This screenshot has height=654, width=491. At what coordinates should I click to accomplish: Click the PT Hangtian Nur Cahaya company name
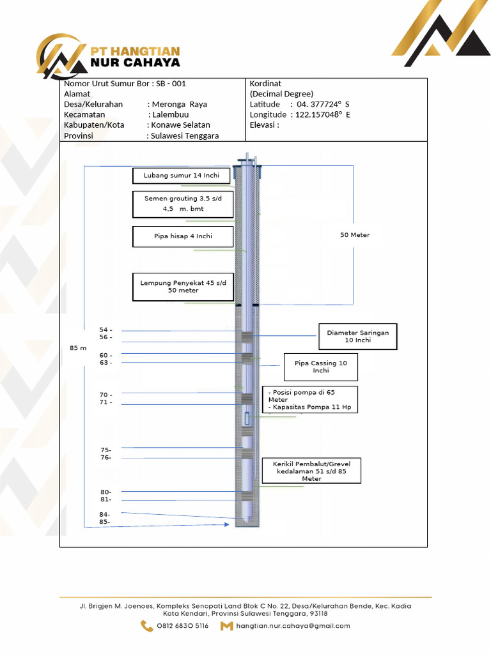[x=135, y=57]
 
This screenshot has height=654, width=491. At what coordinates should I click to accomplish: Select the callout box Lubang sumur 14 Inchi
[x=181, y=176]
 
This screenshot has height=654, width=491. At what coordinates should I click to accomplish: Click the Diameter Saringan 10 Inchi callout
[x=357, y=337]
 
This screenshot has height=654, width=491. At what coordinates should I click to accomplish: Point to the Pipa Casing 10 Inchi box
[x=320, y=367]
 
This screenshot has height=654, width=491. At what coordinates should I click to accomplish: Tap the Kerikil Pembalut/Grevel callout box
[x=311, y=471]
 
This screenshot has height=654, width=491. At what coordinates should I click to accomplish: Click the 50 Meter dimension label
[x=355, y=235]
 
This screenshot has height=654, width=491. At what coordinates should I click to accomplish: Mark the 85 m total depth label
[x=77, y=348]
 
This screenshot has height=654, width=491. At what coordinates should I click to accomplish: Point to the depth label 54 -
[x=106, y=330]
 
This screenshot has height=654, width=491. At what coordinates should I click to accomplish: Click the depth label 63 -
[x=106, y=363]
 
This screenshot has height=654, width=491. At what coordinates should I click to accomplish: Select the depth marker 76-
[x=106, y=457]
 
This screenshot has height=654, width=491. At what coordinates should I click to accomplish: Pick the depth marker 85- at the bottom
[x=105, y=522]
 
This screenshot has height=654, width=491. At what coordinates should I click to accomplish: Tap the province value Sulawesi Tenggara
[x=185, y=135]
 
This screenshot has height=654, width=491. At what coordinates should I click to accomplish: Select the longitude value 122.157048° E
[x=323, y=114]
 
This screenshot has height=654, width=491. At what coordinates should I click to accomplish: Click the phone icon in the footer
[x=147, y=626]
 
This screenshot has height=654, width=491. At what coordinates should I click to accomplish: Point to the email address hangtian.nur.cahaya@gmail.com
[x=293, y=626]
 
